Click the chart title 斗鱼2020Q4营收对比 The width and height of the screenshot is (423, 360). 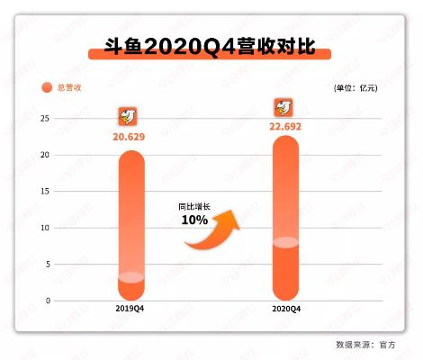click(211, 46)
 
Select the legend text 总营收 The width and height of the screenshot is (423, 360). click(69, 87)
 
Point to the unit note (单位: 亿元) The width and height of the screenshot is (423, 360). click(356, 87)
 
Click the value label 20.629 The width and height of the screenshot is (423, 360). click(130, 137)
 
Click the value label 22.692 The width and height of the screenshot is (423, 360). click(285, 125)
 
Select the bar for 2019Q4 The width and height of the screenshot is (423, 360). click(130, 225)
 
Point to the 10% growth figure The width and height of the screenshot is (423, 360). click(194, 220)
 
